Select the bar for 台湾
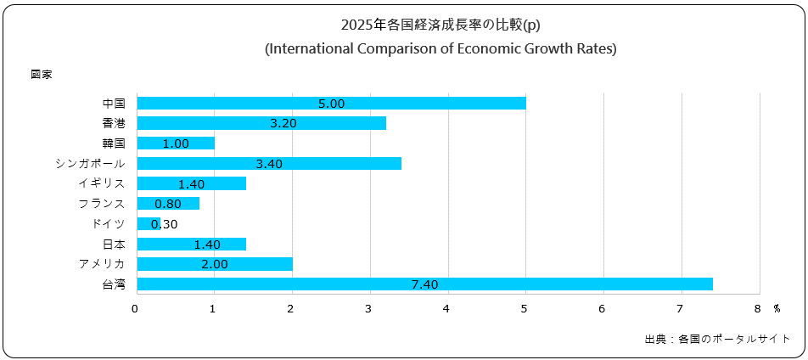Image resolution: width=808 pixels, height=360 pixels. point(424,284)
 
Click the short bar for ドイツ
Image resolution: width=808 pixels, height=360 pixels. point(144,223)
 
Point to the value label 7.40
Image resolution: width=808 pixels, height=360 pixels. point(424,284)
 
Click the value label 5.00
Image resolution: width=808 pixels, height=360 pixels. point(331,104)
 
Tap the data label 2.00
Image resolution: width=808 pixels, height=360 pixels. point(215,264)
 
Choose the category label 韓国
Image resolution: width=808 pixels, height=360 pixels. point(114,143)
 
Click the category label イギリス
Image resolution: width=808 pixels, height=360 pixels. point(101,183)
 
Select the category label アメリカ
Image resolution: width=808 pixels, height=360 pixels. point(101,264)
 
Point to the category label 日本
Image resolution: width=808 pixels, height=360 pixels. point(114,244)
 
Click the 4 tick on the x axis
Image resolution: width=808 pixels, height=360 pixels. point(446,308)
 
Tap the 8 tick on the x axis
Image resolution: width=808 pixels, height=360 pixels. point(758,308)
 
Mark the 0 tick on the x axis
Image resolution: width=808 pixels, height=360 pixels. point(136,308)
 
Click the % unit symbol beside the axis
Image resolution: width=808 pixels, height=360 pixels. point(776,308)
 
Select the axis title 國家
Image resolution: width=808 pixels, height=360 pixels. point(42,75)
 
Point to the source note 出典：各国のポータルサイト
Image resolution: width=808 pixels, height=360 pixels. point(717,339)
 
